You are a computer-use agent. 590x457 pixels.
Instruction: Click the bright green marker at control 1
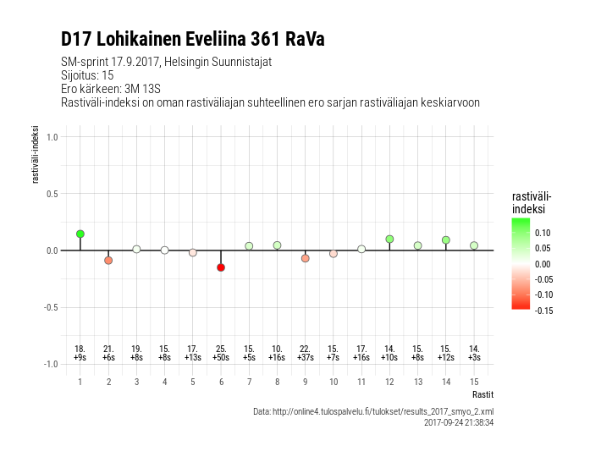pos(80,234)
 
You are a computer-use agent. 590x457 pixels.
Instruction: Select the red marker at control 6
pos(221,267)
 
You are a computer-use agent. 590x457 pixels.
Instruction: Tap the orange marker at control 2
pos(108,260)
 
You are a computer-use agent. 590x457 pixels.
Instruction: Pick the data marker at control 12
pos(389,240)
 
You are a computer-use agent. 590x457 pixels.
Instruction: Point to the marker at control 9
pos(305,258)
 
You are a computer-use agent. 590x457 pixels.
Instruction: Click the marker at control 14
pos(446,240)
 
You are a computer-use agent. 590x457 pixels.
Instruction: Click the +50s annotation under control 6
pos(221,358)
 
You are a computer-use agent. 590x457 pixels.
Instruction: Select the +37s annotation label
pos(305,358)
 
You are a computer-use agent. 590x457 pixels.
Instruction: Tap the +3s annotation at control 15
pos(474,358)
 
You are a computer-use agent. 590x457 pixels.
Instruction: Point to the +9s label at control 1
pos(80,358)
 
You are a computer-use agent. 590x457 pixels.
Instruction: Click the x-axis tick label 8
pos(277,382)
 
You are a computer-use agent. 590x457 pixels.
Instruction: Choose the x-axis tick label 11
pos(361,382)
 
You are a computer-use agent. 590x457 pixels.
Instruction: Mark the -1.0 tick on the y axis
pos(50,364)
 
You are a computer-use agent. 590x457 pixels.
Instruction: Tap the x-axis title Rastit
pos(482,394)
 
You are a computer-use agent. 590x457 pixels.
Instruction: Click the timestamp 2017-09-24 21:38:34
pos(458,422)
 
